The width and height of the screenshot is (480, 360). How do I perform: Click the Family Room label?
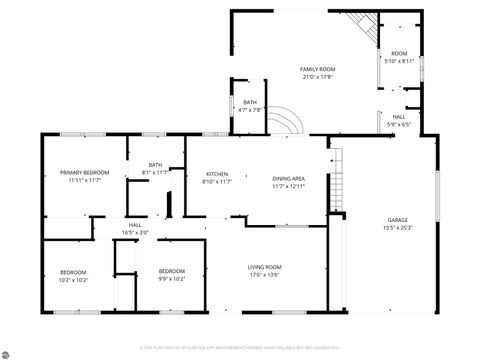(317, 69)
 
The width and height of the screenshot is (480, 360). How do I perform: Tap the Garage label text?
(398, 220)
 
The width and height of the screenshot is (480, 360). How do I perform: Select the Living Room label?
(265, 267)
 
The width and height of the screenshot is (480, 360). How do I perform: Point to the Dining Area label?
(288, 179)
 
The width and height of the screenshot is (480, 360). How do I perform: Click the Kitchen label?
(217, 174)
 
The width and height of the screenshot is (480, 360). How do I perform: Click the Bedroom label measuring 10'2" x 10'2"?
(72, 272)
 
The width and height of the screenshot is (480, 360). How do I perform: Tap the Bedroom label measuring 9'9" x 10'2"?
(171, 271)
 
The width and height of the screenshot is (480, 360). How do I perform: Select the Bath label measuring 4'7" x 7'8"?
(249, 103)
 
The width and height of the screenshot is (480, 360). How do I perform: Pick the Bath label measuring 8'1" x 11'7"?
(155, 165)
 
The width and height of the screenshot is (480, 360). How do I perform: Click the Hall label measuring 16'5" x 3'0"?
(134, 225)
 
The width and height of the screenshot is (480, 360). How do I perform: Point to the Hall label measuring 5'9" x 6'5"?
(398, 118)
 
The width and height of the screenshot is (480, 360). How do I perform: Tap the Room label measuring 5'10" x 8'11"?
(399, 54)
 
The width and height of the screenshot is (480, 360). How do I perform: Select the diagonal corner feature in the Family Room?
(361, 27)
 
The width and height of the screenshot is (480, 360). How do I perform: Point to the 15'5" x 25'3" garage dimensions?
(398, 227)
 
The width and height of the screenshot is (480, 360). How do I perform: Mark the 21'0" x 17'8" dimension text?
(317, 76)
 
